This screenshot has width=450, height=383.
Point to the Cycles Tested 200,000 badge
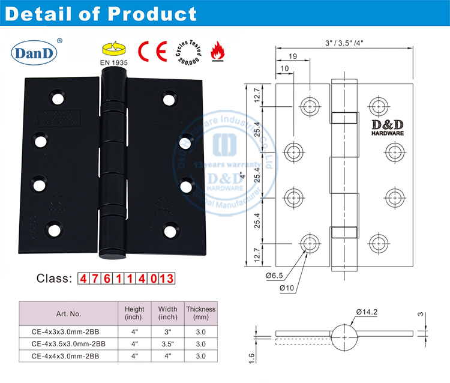(x=187, y=52)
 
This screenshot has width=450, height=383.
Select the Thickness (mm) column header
(x=200, y=313)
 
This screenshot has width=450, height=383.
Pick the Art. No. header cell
(x=68, y=313)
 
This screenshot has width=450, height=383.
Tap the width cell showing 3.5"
(x=167, y=344)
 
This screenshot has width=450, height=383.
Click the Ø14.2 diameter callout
(x=367, y=312)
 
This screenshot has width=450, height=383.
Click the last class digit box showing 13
(x=166, y=279)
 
